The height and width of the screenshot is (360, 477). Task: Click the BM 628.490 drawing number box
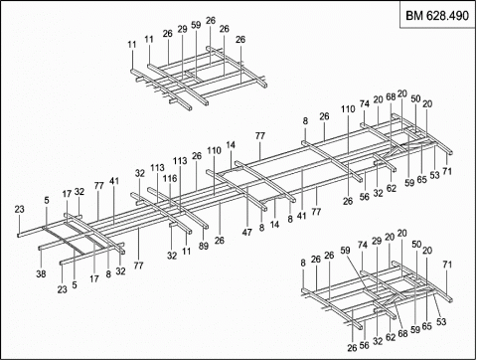(437, 15)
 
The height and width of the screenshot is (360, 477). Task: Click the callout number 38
(41, 273)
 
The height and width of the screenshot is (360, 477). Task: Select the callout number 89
(204, 246)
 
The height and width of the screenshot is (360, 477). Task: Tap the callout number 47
(246, 232)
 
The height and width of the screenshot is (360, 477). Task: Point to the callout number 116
(170, 178)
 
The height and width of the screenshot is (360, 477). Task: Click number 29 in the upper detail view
(182, 29)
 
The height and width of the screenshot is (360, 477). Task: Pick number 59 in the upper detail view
(196, 25)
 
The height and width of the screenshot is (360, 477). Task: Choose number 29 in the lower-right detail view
(377, 241)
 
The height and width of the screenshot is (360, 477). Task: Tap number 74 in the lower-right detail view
(363, 245)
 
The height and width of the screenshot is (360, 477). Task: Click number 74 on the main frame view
(364, 103)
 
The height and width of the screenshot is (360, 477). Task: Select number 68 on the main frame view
(391, 96)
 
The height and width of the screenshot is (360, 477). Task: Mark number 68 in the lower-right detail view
(402, 333)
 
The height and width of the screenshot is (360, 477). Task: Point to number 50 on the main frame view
(415, 98)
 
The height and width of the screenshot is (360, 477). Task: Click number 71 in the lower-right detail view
(447, 265)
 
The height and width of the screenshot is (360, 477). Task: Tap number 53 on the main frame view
(434, 175)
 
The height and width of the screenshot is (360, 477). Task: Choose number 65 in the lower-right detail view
(426, 326)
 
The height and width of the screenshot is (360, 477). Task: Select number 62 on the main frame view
(392, 188)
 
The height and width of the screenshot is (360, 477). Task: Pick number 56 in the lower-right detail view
(364, 345)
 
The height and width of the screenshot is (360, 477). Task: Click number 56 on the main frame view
(365, 197)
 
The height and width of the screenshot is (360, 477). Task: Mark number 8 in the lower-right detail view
(303, 263)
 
